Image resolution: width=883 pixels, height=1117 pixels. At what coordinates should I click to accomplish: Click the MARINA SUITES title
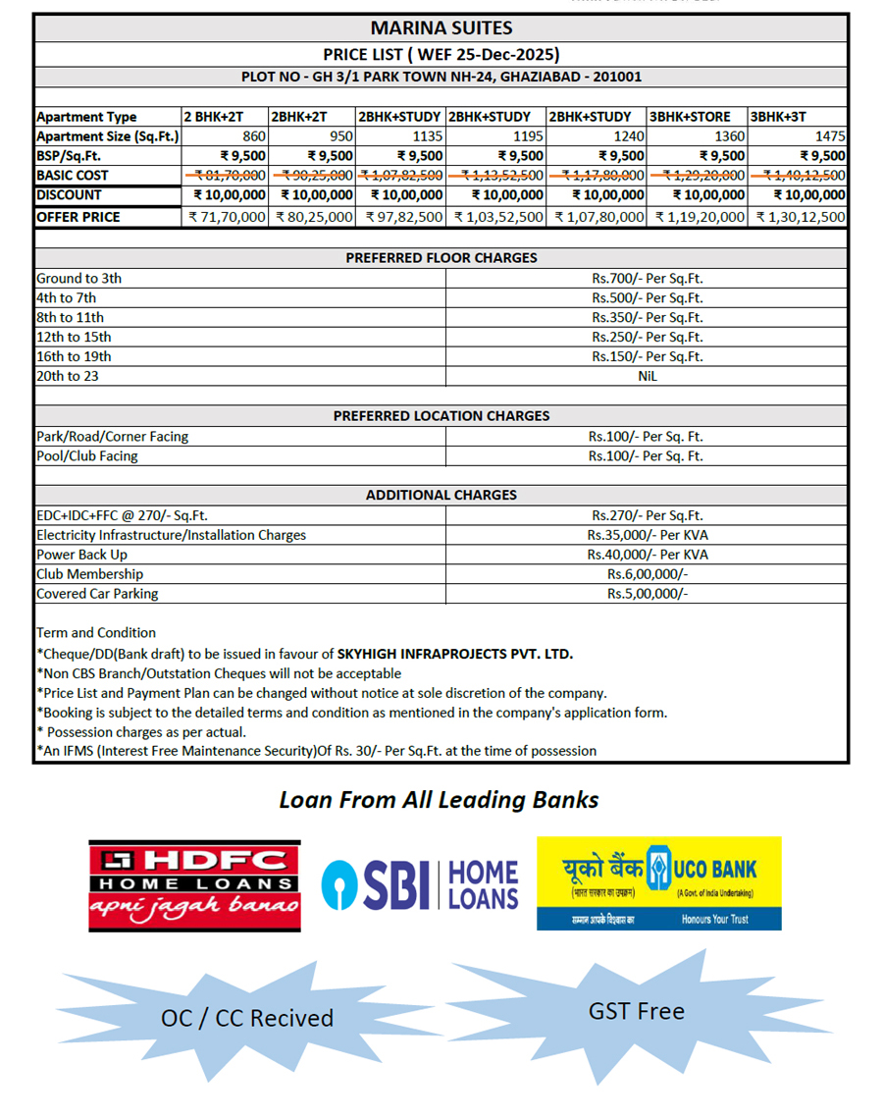[441, 28]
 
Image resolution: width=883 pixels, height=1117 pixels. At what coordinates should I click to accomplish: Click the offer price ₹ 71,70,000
[227, 217]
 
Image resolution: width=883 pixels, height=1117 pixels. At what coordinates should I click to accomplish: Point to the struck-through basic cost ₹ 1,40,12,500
[799, 176]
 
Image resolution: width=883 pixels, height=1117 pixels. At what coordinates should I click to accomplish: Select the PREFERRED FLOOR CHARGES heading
[441, 258]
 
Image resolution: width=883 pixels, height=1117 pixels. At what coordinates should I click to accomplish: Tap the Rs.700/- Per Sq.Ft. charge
[647, 279]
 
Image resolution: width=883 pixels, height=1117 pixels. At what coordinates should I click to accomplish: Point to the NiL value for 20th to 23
[647, 376]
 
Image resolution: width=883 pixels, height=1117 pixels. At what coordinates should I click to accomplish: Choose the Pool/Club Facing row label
[87, 456]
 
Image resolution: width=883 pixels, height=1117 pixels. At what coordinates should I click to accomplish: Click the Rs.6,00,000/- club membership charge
[647, 574]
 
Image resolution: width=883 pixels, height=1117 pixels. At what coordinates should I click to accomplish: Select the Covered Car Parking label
[97, 594]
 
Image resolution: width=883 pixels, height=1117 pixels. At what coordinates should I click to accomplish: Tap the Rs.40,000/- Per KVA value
[647, 555]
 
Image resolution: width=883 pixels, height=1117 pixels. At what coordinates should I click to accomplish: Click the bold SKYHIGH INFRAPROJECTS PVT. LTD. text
[454, 654]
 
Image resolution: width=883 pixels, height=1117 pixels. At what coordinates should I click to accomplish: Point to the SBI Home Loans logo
[420, 883]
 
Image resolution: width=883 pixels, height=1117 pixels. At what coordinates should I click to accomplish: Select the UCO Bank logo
[658, 882]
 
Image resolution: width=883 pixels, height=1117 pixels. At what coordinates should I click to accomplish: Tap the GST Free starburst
[637, 1012]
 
